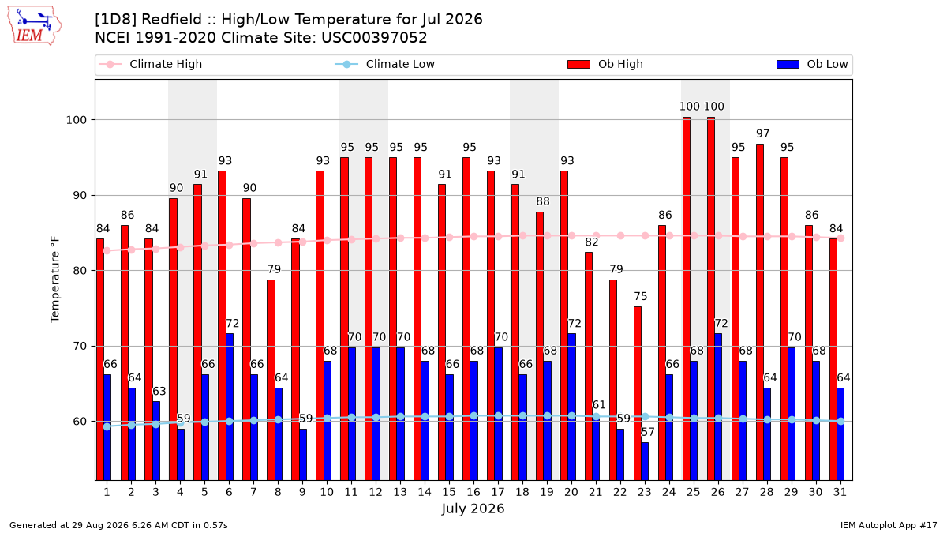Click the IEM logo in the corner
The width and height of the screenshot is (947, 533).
tap(35, 25)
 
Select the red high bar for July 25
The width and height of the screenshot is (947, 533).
tap(686, 298)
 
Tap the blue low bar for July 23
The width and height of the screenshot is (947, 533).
tap(645, 461)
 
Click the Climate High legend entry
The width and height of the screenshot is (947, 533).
tap(151, 64)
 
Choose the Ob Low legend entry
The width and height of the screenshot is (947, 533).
tap(812, 64)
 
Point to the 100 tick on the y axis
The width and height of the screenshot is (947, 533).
tap(76, 120)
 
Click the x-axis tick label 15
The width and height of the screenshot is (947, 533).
tap(449, 492)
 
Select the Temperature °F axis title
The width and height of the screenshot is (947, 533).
tap(55, 280)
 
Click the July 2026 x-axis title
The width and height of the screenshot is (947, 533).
tap(473, 509)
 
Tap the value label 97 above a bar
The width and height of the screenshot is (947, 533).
tap(762, 133)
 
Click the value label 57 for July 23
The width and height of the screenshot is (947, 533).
tap(648, 433)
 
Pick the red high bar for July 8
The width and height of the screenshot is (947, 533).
tap(271, 380)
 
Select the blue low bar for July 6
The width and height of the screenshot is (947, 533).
tap(230, 407)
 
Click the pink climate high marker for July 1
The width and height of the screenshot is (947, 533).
tap(107, 251)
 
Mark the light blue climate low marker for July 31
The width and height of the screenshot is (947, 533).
tap(841, 422)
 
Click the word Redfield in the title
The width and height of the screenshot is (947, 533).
tap(172, 20)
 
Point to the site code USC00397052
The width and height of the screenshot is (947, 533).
tap(374, 38)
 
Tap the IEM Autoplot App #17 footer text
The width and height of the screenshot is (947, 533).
tap(889, 525)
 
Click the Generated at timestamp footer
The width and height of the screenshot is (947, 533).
tap(118, 525)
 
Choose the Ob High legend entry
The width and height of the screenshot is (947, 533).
tap(605, 64)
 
